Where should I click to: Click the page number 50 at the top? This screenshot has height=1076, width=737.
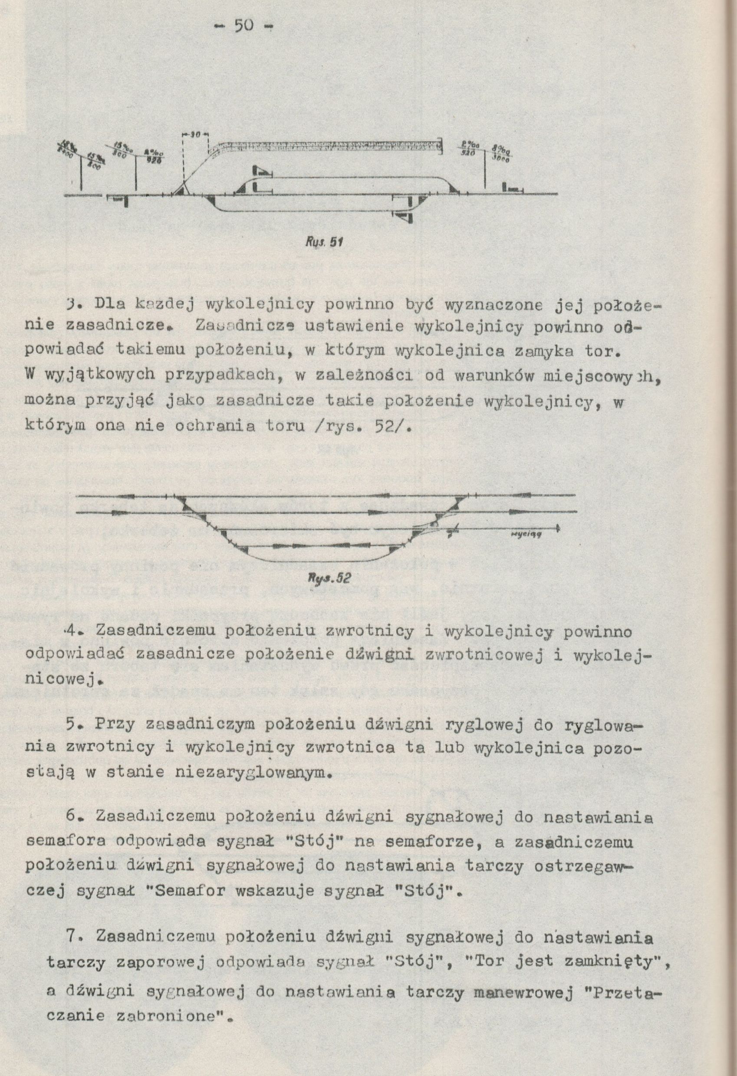click(244, 26)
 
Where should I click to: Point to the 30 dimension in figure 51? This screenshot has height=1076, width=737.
click(195, 135)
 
